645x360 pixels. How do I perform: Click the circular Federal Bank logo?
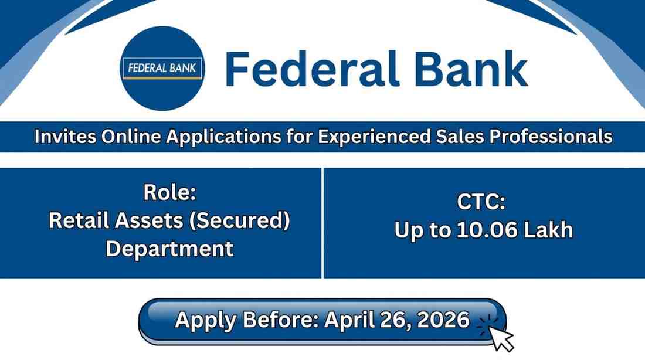pyautogui.click(x=162, y=69)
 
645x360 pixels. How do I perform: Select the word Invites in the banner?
pyautogui.click(x=64, y=137)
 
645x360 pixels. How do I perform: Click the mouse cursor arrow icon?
pyautogui.click(x=501, y=338)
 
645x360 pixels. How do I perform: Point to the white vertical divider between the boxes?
pyautogui.click(x=322, y=223)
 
